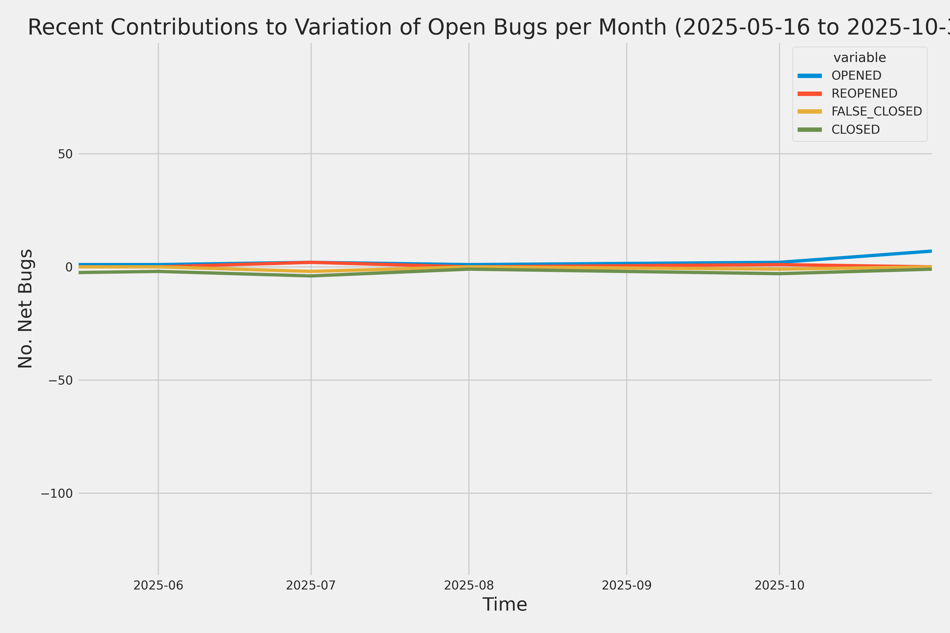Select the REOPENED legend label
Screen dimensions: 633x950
[x=864, y=94]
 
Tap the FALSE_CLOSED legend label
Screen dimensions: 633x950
[x=876, y=111]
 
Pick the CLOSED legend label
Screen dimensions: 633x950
[x=855, y=130]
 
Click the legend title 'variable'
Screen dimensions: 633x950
[x=859, y=58]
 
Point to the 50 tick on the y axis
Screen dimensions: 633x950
[x=65, y=154]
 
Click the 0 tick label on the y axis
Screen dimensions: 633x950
[x=69, y=267]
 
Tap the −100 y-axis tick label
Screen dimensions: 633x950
[x=56, y=493]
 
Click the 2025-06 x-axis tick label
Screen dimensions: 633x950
[x=158, y=585]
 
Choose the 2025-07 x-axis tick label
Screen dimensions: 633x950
[x=311, y=585]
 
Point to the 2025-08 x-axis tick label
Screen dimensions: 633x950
[x=469, y=585]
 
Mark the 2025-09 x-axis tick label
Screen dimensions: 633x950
[x=626, y=585]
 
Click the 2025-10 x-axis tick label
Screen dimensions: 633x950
[x=780, y=585]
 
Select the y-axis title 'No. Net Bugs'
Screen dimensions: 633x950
[x=25, y=308]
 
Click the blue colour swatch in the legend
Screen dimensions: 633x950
[x=809, y=75]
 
